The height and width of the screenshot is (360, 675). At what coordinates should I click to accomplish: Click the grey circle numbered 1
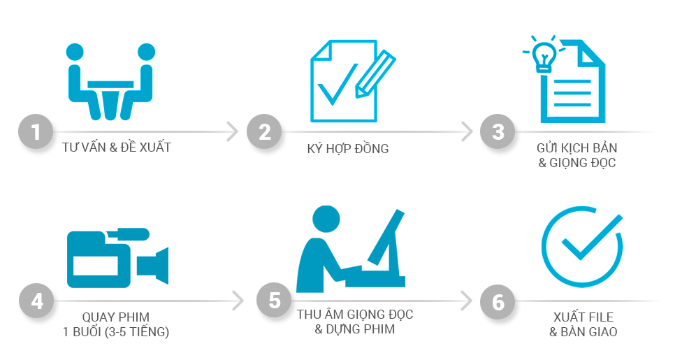(x=36, y=131)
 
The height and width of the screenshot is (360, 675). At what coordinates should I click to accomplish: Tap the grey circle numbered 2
(x=264, y=131)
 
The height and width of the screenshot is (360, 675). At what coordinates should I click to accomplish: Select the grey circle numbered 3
(x=498, y=131)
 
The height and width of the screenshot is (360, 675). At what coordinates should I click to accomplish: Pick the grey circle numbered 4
(x=36, y=301)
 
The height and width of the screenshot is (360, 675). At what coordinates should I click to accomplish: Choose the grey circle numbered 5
(x=274, y=300)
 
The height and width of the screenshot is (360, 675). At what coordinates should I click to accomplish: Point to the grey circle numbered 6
(x=498, y=302)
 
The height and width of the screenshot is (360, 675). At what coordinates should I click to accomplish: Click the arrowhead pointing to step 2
(x=233, y=131)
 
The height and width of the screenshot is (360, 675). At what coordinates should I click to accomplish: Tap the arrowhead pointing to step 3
(x=467, y=131)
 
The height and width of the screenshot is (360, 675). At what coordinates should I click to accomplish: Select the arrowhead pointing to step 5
(x=238, y=301)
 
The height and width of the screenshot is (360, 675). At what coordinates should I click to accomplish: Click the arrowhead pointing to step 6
(x=466, y=301)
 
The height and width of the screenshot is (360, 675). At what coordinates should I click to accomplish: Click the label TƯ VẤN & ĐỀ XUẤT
(x=117, y=147)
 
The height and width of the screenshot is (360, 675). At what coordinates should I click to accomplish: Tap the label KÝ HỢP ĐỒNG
(x=348, y=149)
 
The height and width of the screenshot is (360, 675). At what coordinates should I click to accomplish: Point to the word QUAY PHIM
(x=116, y=317)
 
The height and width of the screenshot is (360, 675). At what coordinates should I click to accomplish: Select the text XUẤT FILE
(x=583, y=317)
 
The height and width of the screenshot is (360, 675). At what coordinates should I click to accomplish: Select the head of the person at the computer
(x=326, y=219)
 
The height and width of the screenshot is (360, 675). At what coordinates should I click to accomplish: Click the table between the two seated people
(x=110, y=99)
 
